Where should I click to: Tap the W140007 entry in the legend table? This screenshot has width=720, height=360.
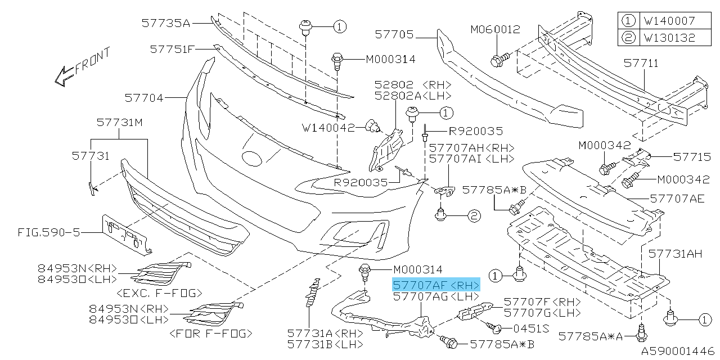[x=669, y=21]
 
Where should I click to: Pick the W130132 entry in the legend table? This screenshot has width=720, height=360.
[x=669, y=38]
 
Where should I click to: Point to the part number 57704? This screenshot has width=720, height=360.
[x=144, y=98]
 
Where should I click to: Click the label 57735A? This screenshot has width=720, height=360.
[x=166, y=23]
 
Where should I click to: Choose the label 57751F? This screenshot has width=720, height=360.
[x=172, y=49]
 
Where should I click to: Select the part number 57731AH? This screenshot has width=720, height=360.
[x=676, y=254]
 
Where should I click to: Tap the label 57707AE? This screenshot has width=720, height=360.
[x=676, y=198]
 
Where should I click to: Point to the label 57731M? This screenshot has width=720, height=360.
[x=119, y=121]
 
